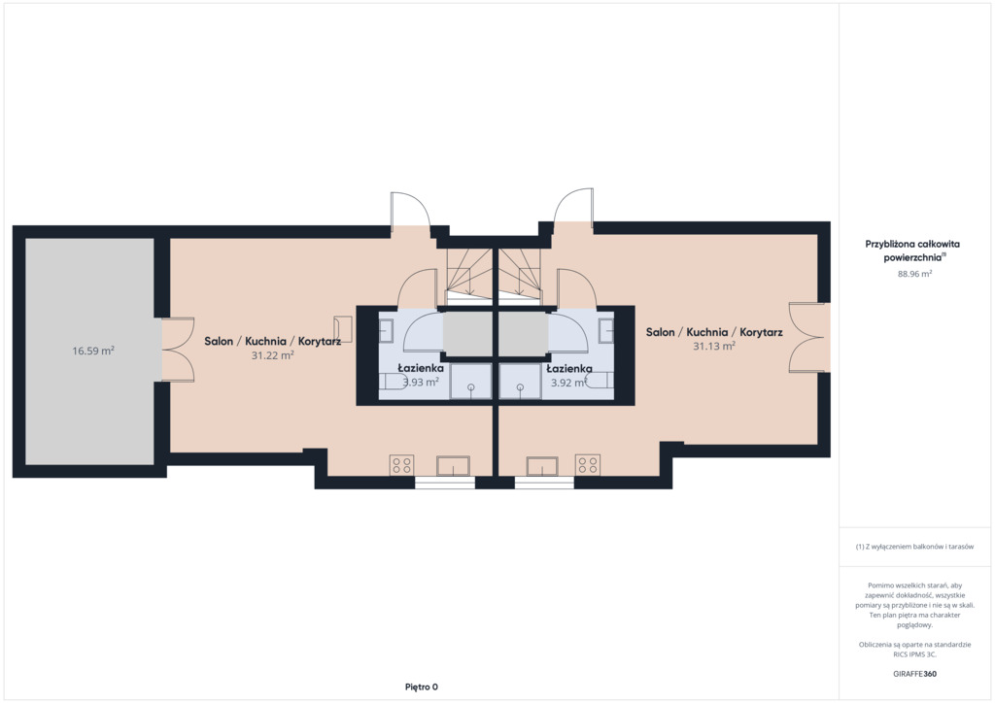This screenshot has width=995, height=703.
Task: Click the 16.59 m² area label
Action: [x=93, y=351]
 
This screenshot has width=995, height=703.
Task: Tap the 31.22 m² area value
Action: [x=272, y=355]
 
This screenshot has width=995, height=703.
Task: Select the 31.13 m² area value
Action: [x=714, y=346]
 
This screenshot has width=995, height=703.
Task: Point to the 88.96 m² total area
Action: [x=914, y=274]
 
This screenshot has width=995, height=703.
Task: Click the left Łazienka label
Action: [x=421, y=368]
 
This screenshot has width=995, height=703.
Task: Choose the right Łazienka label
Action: [x=569, y=368]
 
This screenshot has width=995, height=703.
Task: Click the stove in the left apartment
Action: [x=401, y=465]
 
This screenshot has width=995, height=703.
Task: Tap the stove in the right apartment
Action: [x=588, y=465]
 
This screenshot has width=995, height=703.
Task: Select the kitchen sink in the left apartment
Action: [x=453, y=466]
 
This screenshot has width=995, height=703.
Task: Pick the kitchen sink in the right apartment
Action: [x=542, y=466]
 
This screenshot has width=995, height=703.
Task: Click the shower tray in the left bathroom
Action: [x=471, y=381]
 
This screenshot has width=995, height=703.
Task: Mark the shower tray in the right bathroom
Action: [x=521, y=381]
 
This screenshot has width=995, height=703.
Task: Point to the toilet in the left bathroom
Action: [x=394, y=381]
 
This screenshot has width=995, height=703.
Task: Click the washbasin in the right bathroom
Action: [x=606, y=330]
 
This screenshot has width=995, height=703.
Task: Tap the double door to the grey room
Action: [x=178, y=350]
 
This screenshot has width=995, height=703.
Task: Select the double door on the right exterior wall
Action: [x=809, y=337]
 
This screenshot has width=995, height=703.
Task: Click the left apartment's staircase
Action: [x=469, y=274]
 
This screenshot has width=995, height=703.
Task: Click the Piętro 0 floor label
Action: [x=422, y=686]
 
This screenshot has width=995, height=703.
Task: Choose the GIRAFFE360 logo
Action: [x=914, y=674]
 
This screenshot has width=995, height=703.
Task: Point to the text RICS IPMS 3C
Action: [x=914, y=654]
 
